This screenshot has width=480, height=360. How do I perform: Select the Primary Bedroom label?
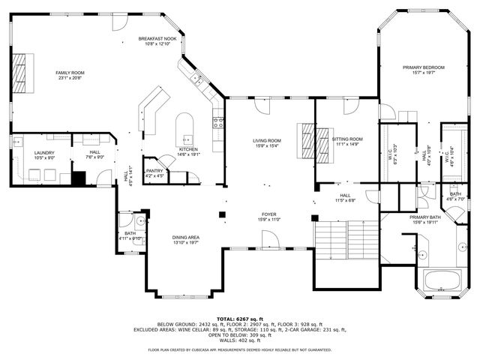click(423, 67)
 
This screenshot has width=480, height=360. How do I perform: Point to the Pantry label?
click(154, 171)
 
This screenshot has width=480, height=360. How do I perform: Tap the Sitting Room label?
click(347, 139)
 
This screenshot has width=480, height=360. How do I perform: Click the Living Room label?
click(266, 141)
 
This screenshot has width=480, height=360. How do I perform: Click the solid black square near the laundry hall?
click(76, 178)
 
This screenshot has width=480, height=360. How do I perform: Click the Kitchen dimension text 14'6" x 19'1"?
click(189, 154)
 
